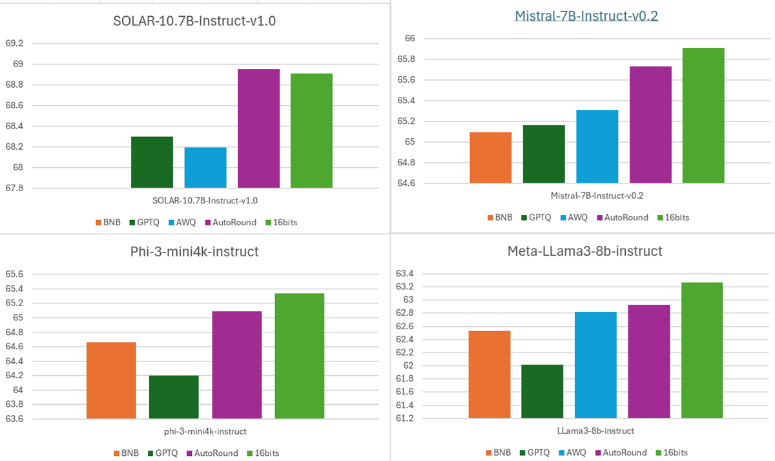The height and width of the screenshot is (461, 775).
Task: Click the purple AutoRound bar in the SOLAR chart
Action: tap(258, 128)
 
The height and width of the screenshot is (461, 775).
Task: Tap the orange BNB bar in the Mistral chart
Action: tap(491, 158)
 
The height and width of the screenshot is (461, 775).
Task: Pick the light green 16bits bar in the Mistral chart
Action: tap(703, 116)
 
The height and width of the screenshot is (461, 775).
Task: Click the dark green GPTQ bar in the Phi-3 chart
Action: tap(174, 397)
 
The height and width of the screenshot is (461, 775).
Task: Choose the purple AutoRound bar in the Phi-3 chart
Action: tap(237, 365)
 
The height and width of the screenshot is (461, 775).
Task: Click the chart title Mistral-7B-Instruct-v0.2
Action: tap(586, 16)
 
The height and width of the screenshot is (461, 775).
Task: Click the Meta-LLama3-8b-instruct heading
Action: tap(585, 251)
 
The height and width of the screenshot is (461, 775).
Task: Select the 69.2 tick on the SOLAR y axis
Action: tap(14, 43)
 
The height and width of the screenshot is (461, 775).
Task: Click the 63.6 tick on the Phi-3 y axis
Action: tap(14, 418)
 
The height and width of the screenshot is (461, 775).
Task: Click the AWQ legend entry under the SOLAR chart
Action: tap(187, 222)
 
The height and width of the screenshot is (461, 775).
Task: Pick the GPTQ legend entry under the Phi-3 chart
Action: tap(162, 453)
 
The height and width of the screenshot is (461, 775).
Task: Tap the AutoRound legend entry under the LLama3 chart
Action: tap(623, 453)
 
